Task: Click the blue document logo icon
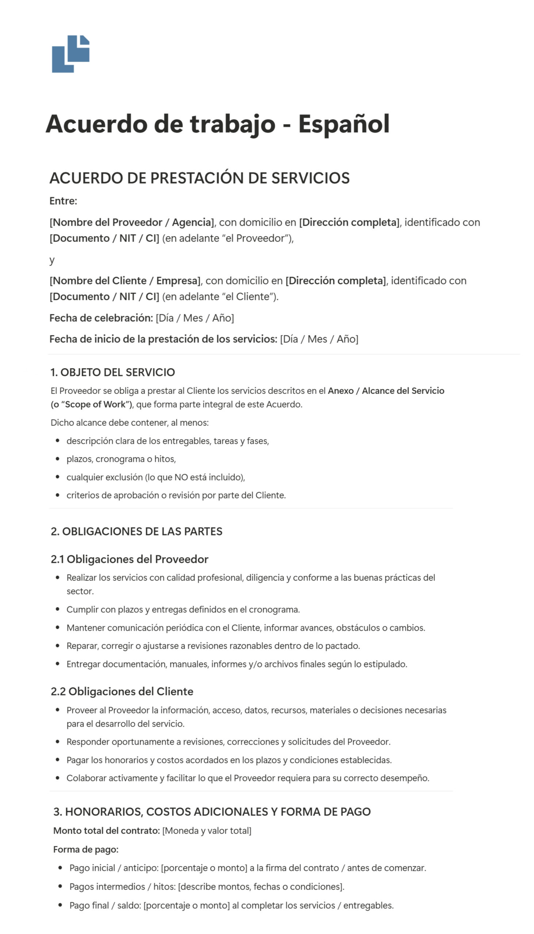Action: [x=71, y=54]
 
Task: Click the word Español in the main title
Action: [x=344, y=124]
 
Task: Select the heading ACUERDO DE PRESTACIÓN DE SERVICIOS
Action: [x=200, y=178]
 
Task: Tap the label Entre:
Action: [x=63, y=201]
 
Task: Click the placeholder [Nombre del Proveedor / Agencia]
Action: [x=132, y=222]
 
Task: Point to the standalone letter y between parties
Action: [x=52, y=260]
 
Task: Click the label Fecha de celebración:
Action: [x=101, y=318]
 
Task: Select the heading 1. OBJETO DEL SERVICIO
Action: [x=112, y=372]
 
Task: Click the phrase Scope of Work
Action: [x=95, y=404]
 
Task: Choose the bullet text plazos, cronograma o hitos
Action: [x=121, y=459]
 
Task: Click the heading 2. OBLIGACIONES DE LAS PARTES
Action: [x=137, y=531]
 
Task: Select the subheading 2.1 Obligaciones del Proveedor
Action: [x=130, y=559]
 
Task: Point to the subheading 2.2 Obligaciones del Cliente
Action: [x=122, y=691]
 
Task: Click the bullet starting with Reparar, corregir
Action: [x=213, y=645]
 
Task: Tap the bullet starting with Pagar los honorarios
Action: [x=229, y=760]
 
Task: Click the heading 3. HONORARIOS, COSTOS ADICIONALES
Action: [x=212, y=811]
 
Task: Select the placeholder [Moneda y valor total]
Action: [x=207, y=831]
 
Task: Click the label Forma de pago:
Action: [x=86, y=849]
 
